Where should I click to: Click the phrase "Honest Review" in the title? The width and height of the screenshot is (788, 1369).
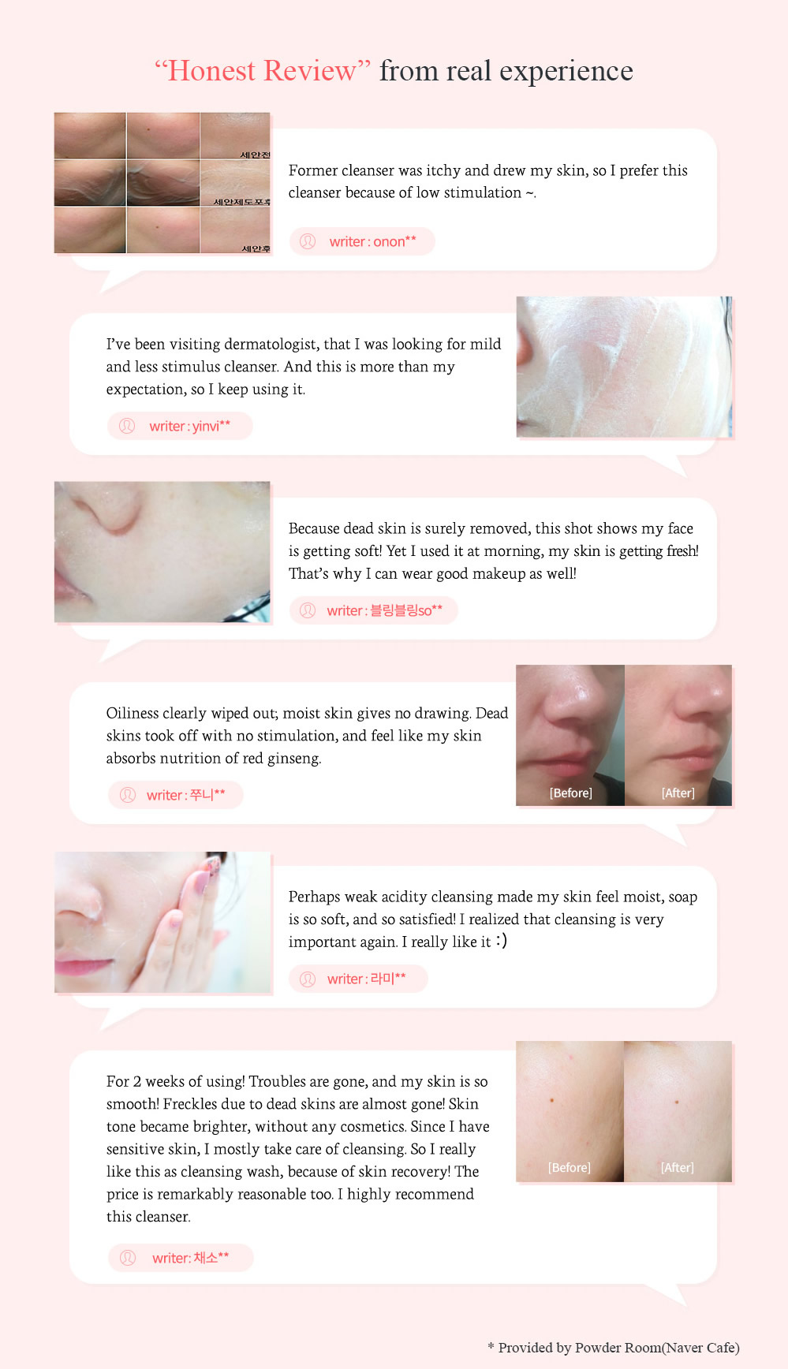coord(263,71)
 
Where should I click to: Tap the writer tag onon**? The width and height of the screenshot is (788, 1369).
coord(362,241)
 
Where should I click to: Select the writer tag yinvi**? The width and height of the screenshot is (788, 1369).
coord(180,426)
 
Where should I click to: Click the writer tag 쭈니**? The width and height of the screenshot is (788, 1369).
coord(175,795)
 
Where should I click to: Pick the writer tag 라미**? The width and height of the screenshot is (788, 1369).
coord(358,979)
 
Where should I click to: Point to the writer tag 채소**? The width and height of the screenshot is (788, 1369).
coord(181,1258)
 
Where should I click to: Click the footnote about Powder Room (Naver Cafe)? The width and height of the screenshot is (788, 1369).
coord(614,1348)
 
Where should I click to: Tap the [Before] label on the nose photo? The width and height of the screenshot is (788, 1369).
coord(570,793)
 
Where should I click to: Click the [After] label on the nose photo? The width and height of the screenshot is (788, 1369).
coord(678,793)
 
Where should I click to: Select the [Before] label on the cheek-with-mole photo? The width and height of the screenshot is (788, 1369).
coord(570,1167)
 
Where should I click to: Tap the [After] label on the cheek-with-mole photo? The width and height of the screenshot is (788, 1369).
coord(678,1167)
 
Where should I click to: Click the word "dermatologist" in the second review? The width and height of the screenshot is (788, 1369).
coord(271,345)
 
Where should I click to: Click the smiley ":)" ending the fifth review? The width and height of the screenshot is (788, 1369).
coord(502,941)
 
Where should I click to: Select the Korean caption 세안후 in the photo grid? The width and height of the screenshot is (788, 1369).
coord(256,248)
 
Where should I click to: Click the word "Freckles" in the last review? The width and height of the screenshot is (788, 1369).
coord(192,1104)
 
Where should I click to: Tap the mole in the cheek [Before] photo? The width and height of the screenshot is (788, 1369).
coord(552,1100)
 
